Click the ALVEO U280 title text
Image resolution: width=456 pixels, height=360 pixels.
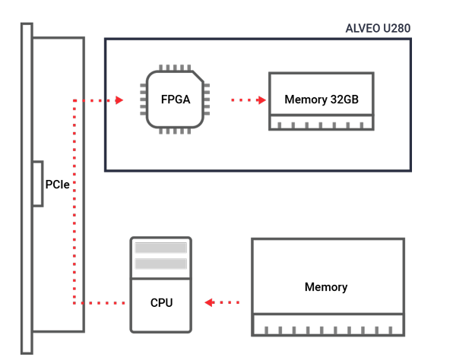(378, 28)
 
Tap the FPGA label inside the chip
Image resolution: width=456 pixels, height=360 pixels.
(176, 99)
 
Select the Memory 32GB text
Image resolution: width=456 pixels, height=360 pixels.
(321, 99)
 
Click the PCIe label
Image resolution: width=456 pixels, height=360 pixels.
(58, 185)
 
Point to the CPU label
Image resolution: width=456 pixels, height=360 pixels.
(161, 303)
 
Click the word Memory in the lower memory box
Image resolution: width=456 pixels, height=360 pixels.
(326, 287)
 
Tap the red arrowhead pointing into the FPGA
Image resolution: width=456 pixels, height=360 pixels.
(119, 100)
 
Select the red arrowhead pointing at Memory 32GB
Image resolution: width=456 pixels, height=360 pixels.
(261, 100)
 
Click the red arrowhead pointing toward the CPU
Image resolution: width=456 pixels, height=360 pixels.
(210, 302)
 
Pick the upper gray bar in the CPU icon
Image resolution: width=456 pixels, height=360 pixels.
(161, 248)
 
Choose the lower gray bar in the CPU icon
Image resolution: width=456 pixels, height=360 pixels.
(161, 264)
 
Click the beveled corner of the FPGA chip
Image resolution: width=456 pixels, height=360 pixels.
(198, 77)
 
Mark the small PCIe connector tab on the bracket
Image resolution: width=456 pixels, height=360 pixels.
(38, 184)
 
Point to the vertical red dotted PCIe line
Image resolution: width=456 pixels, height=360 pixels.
(74, 201)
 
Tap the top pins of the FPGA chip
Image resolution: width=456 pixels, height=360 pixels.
(175, 68)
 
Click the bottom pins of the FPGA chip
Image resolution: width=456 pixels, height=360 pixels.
(175, 131)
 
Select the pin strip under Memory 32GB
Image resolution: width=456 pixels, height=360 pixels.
(321, 122)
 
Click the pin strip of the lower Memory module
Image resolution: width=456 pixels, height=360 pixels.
(328, 325)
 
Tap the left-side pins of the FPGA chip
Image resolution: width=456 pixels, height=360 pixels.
(143, 99)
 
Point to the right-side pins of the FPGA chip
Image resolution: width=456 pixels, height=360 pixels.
(207, 99)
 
